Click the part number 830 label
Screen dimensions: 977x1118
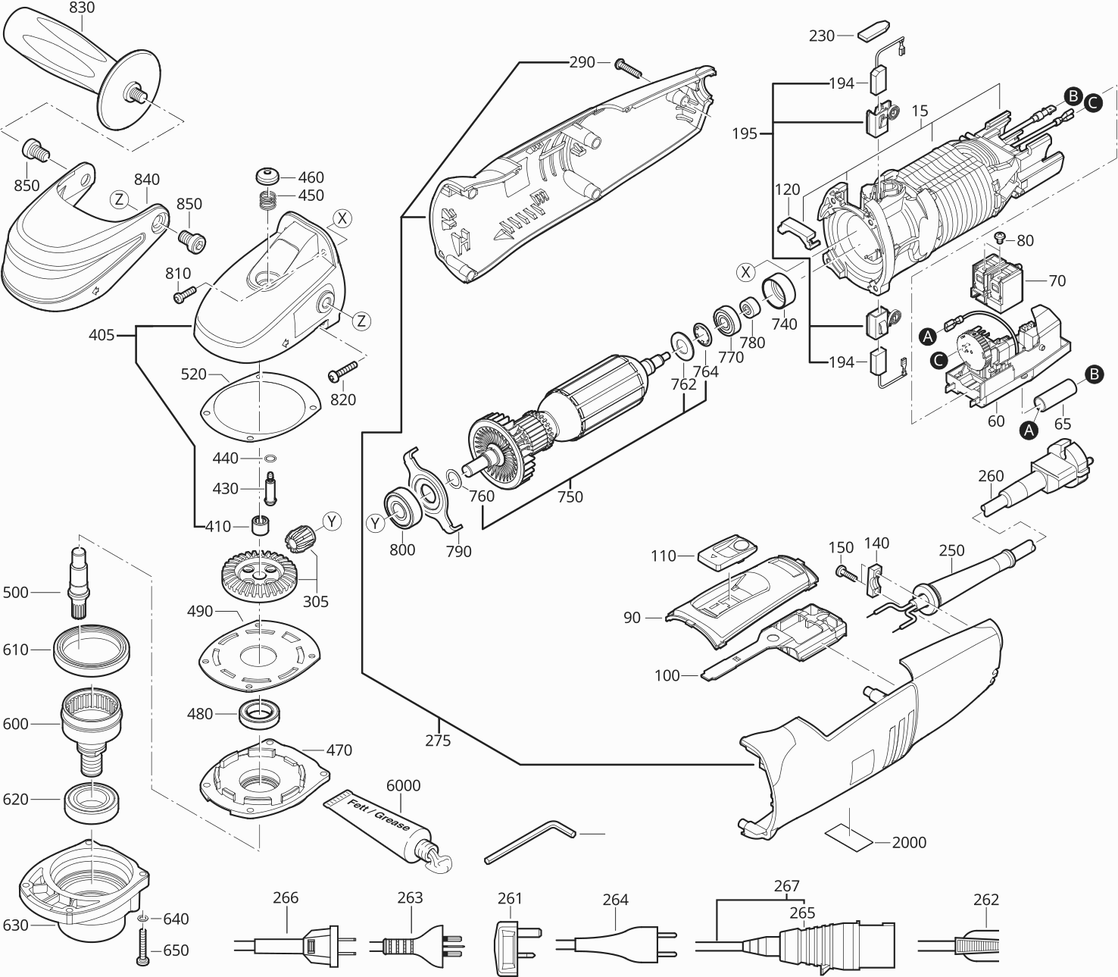pos(82,8)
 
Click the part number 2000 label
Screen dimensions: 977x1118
pos(909,842)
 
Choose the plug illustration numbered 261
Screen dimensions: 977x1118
pos(511,940)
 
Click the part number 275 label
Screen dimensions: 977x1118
pos(438,741)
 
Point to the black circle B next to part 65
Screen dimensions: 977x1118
pos(1093,373)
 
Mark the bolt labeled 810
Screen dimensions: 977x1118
pos(184,293)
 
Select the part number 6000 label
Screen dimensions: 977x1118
pos(403,785)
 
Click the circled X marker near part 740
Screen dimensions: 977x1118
pos(748,271)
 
